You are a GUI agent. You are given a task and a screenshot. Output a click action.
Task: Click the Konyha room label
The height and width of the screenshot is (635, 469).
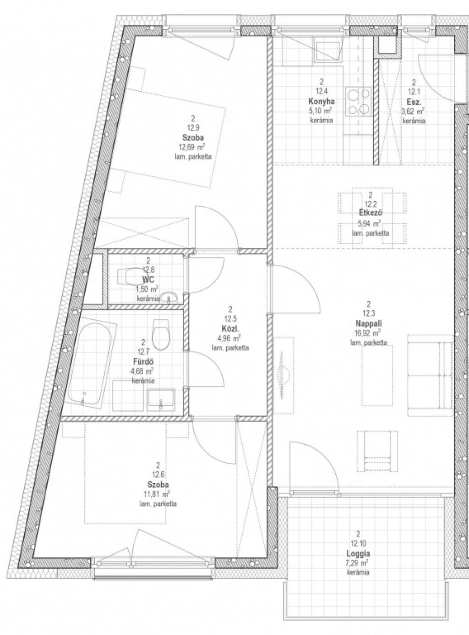coord(321,101)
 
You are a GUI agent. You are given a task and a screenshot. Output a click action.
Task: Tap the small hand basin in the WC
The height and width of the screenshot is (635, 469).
coord(169,298)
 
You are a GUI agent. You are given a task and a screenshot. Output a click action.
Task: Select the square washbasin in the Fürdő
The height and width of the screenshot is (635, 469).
coord(161,400)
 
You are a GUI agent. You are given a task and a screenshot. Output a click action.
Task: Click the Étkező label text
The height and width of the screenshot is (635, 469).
coord(371,212)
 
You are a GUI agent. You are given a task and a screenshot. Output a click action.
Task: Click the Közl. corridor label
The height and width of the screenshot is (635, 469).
coord(230,327)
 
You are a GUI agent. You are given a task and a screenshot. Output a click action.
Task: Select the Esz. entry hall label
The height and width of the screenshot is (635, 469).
coord(413,101)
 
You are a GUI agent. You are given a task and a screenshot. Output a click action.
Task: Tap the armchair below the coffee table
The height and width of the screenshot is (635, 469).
coord(377,451)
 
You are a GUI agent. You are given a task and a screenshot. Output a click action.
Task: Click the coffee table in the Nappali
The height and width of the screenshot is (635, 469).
coord(377,375)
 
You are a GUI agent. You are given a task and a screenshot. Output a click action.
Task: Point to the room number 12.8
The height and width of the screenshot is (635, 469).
coord(148,269)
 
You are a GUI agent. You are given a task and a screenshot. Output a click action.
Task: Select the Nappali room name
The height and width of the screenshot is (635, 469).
coord(369,323)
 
